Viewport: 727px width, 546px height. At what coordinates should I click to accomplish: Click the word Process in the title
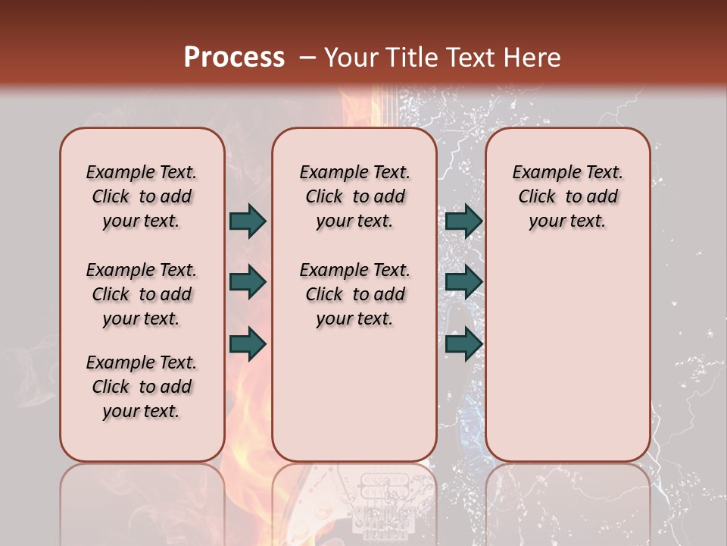coord(234,57)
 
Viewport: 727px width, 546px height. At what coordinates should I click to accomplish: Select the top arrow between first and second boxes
coord(248,221)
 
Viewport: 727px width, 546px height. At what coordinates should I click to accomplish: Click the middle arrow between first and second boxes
coord(248,282)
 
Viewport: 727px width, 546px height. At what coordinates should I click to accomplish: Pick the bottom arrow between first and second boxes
coord(248,344)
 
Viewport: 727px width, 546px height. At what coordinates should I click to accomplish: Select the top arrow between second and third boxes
coord(463,221)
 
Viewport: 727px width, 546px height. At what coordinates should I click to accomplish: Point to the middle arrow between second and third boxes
coord(463,282)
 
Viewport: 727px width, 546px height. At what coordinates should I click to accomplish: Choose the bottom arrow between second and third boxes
coord(463,344)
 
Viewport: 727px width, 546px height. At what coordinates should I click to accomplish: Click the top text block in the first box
coord(142,196)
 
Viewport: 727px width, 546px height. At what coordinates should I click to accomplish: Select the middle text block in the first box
coord(142,294)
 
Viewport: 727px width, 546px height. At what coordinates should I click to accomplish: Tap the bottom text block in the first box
coord(142,387)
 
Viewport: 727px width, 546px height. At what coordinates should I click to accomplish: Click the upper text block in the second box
coord(354,196)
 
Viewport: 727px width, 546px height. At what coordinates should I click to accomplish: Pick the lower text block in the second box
coord(354,294)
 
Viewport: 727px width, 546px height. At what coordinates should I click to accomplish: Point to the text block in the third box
coord(567,196)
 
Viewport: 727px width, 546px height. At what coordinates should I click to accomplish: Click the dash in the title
coord(307,57)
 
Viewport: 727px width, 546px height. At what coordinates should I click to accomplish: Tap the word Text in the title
coord(472,57)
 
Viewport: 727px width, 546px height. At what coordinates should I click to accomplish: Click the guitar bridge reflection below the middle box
coord(386,504)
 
